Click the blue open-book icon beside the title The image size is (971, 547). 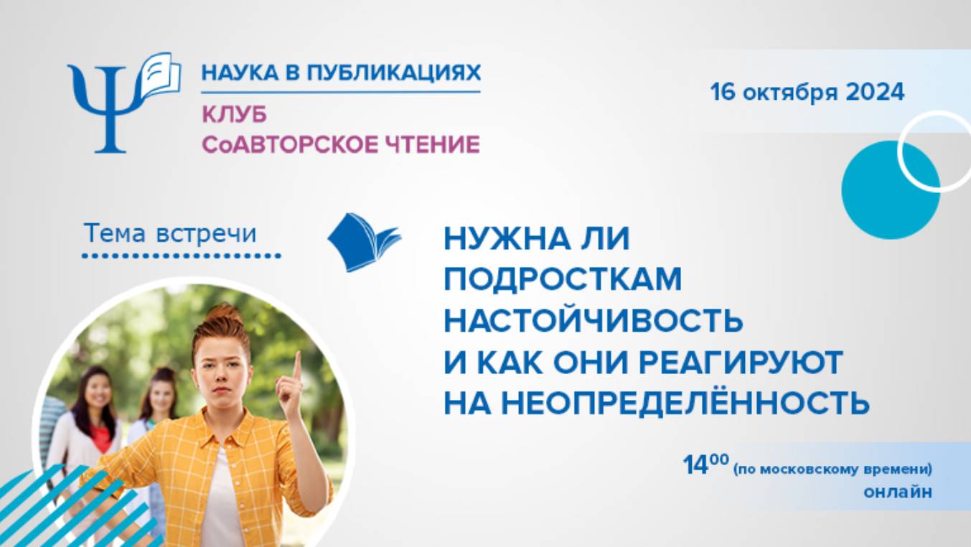point(363,242)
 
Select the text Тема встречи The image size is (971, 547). point(170,233)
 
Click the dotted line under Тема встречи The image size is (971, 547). point(181,256)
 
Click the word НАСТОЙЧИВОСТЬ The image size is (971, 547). point(593,320)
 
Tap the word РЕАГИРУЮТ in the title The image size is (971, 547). point(740,362)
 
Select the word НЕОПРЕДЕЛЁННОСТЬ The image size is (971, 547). point(685,403)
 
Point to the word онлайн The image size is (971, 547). point(899,492)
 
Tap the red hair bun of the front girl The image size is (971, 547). point(223,314)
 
